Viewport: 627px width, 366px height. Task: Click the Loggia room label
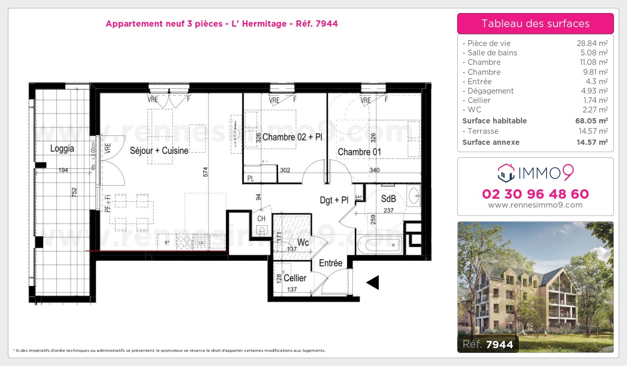pyautogui.click(x=62, y=148)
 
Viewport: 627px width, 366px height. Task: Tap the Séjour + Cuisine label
pyautogui.click(x=159, y=150)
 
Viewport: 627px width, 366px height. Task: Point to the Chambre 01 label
pyautogui.click(x=359, y=152)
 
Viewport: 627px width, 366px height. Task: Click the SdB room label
pyautogui.click(x=388, y=199)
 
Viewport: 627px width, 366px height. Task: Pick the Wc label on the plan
pyautogui.click(x=303, y=243)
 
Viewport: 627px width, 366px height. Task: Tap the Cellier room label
pyautogui.click(x=295, y=278)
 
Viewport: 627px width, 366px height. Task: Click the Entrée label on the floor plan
pyautogui.click(x=330, y=263)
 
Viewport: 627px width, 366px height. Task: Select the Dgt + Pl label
pyautogui.click(x=334, y=200)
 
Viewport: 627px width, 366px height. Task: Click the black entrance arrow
pyautogui.click(x=373, y=282)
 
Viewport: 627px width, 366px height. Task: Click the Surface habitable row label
pyautogui.click(x=487, y=121)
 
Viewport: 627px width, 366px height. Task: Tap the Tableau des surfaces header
pyautogui.click(x=535, y=24)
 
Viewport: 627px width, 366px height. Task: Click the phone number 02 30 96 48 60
pyautogui.click(x=535, y=194)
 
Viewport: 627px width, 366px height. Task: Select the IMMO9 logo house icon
pyautogui.click(x=506, y=170)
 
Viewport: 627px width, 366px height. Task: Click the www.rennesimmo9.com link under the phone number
pyautogui.click(x=535, y=205)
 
